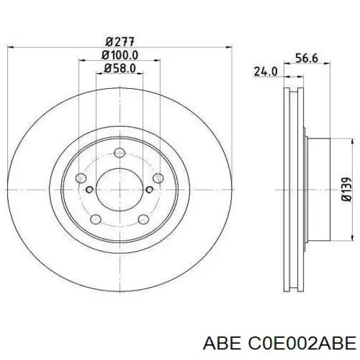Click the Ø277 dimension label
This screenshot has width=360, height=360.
coord(120,42)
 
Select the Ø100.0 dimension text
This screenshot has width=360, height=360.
coord(120,55)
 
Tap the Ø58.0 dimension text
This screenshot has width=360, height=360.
coord(120,68)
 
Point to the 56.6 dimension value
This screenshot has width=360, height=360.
coord(307,58)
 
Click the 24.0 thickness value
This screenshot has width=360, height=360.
coord(266,71)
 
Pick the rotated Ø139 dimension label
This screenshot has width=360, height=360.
coord(346,189)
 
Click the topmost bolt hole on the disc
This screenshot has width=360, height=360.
coord(120,152)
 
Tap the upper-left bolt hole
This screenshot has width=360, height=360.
coord(81,178)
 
